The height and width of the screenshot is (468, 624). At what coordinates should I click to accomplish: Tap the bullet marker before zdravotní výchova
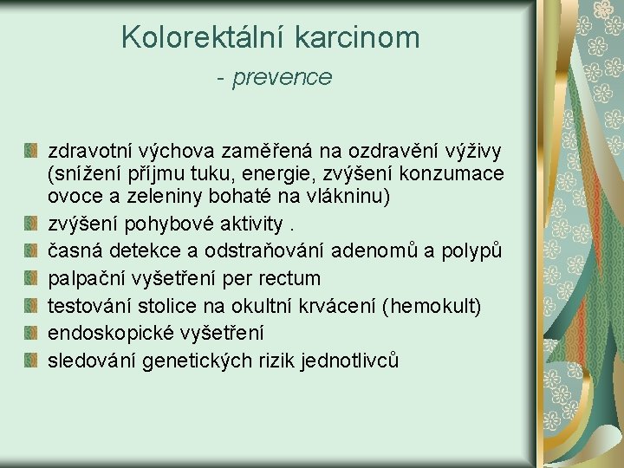point(31,143)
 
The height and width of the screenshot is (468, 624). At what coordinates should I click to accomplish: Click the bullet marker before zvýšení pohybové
point(31,224)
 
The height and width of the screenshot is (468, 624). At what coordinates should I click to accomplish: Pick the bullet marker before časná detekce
point(31,251)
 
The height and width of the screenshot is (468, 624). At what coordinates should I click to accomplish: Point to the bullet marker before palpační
point(31,278)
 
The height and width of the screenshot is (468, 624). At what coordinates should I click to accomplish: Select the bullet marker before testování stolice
point(31,305)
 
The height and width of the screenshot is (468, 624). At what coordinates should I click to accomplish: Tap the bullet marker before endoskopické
point(31,333)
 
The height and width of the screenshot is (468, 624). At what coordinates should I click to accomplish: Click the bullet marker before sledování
point(31,360)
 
